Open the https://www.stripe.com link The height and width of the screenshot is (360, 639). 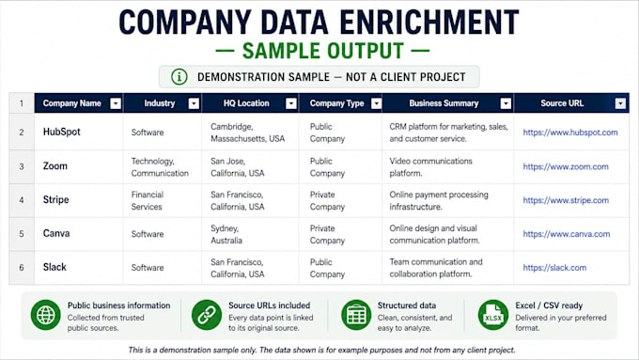[566, 200]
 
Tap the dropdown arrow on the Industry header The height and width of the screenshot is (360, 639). [194, 103]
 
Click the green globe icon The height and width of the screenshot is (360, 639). [46, 315]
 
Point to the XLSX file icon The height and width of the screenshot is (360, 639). [493, 315]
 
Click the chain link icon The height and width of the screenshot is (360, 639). [207, 315]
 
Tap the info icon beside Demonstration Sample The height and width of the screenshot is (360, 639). [179, 77]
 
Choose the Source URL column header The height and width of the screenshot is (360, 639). [562, 103]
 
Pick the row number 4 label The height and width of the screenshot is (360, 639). [22, 200]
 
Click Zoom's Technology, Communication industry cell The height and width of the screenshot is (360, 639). [160, 166]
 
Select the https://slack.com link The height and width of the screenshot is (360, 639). [554, 268]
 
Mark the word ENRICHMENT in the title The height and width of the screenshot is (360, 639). [429, 23]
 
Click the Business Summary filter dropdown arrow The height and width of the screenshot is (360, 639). [506, 103]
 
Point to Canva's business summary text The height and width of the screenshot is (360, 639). [434, 234]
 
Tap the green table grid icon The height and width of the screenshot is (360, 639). [356, 315]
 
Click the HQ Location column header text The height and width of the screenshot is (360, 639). [246, 103]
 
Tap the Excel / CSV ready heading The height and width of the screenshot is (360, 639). [549, 305]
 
